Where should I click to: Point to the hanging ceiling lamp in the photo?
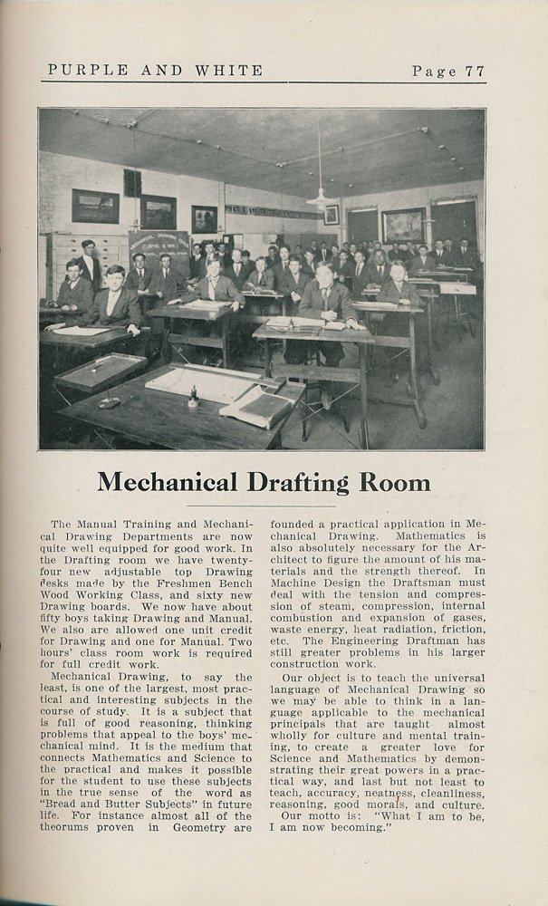pyautogui.click(x=320, y=198)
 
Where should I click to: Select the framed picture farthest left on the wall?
pyautogui.click(x=95, y=206)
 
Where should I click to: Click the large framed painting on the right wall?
pyautogui.click(x=403, y=226)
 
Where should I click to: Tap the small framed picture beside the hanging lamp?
pyautogui.click(x=332, y=215)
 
